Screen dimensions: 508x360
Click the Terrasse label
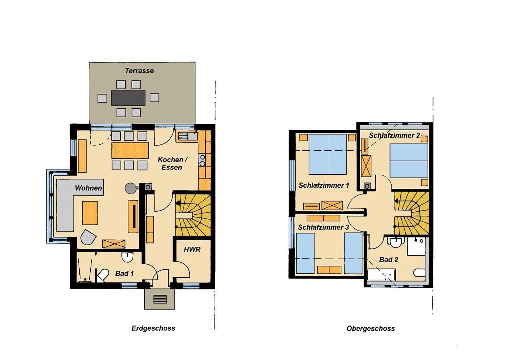tap(139, 71)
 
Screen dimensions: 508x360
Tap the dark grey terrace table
tap(128, 98)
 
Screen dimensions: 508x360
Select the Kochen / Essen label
tap(173, 163)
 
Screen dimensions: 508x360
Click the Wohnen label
tap(89, 188)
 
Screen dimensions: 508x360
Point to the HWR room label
tap(192, 250)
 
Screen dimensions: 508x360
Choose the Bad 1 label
tap(124, 274)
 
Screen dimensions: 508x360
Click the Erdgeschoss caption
tap(153, 328)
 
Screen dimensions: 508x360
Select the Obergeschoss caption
tap(370, 329)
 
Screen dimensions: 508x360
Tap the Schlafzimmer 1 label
tap(324, 185)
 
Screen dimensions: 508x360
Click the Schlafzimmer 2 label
tap(394, 136)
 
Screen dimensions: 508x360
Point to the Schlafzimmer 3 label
tap(323, 227)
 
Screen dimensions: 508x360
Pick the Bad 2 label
tap(388, 260)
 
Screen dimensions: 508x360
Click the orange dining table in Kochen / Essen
tap(130, 150)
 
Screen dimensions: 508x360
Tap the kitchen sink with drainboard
tap(188, 136)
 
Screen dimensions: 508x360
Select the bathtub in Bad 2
tap(381, 275)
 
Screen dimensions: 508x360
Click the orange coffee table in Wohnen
tap(90, 213)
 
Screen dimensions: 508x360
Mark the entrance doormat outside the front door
tap(160, 299)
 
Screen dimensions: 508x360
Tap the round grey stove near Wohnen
tap(130, 188)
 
